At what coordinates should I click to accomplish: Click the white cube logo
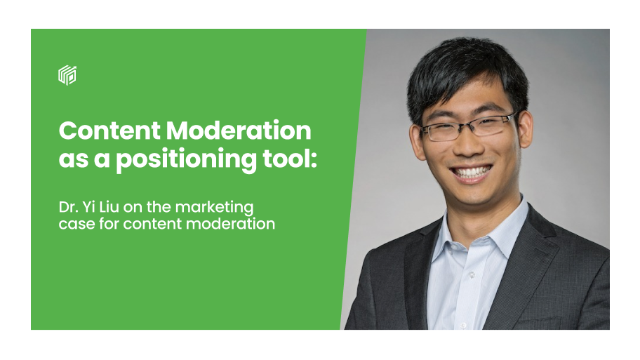(67, 75)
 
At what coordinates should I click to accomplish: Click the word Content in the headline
(109, 131)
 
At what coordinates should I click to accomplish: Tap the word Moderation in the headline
(239, 131)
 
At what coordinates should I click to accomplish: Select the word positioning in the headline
(187, 160)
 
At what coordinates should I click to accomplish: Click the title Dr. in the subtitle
(68, 207)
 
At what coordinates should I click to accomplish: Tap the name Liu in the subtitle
(108, 207)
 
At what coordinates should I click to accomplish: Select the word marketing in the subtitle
(214, 208)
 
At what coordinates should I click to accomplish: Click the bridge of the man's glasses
(466, 126)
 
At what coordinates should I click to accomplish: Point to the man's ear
(525, 129)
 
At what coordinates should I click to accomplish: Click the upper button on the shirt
(472, 275)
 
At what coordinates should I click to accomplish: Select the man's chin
(476, 195)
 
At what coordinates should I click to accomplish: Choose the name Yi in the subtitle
(88, 207)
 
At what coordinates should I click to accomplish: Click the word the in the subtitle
(159, 207)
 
